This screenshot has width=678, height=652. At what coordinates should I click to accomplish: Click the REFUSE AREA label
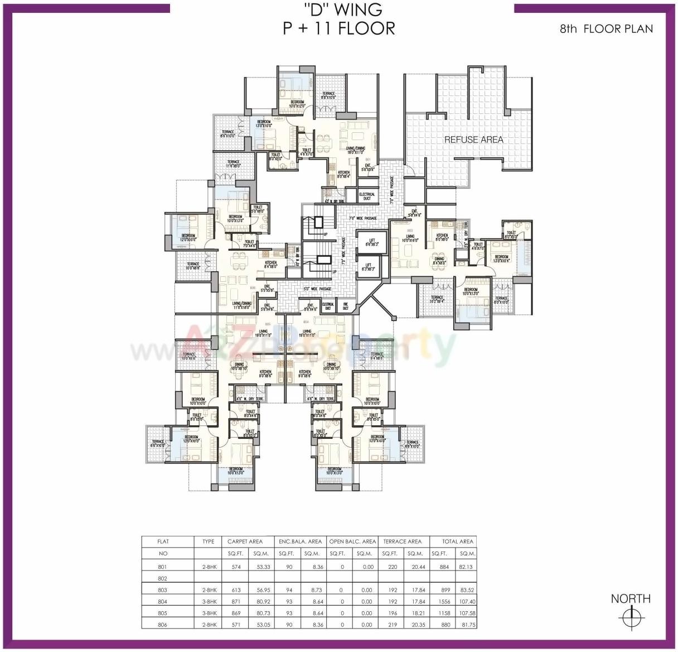point(473,140)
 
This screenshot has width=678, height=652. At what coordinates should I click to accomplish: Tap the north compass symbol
point(631,617)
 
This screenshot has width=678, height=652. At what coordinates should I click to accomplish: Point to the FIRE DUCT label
point(345,306)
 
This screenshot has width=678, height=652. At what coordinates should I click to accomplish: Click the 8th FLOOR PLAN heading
point(606,28)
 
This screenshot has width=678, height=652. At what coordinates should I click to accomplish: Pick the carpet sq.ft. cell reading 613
point(236,590)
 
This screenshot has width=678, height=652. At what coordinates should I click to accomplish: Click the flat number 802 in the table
point(163,578)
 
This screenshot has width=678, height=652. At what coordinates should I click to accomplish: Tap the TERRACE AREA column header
point(402,541)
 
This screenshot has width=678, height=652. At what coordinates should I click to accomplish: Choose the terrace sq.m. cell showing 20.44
point(418,567)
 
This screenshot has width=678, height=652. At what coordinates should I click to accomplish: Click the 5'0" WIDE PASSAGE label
point(317,289)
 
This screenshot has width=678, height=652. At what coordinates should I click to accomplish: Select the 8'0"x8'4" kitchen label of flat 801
point(343,175)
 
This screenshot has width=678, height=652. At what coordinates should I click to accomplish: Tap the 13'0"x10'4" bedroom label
point(501,258)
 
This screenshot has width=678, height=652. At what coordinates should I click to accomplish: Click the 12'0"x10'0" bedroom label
point(188,237)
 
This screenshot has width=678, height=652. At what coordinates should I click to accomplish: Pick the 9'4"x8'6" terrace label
point(377,356)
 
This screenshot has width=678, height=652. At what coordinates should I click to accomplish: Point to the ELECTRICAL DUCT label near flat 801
point(366,196)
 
